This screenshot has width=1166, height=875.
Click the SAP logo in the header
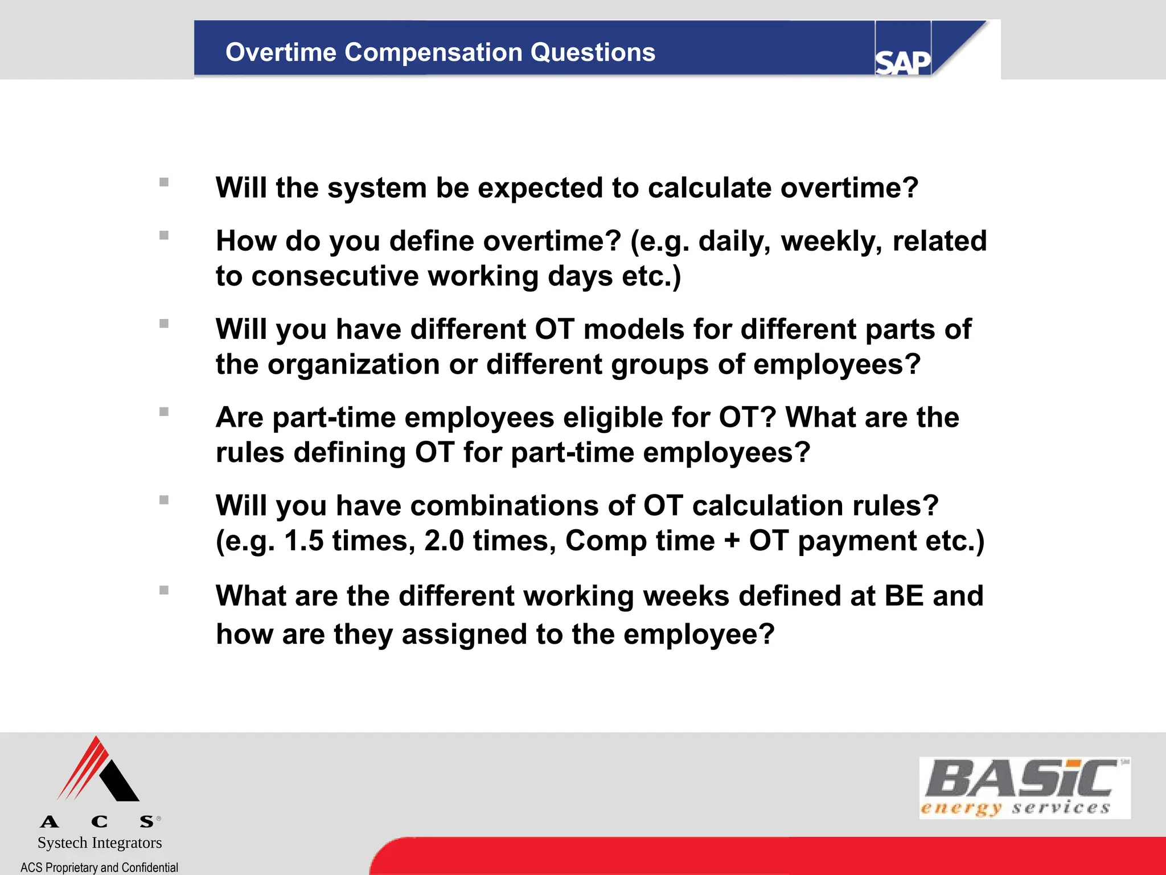(902, 62)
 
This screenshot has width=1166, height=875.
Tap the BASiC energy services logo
(1024, 788)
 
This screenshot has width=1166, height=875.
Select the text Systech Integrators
(100, 843)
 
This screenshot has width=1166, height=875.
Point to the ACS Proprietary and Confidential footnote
(99, 867)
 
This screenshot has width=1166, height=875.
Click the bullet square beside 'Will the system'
(164, 182)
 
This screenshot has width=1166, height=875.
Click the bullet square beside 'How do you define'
(164, 235)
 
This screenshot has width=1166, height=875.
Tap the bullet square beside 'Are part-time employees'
(164, 412)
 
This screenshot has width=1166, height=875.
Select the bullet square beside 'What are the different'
(164, 590)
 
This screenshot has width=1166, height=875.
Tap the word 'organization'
(353, 365)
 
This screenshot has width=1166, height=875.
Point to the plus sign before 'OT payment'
(732, 541)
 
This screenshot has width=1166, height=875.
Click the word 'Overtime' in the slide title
(281, 52)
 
